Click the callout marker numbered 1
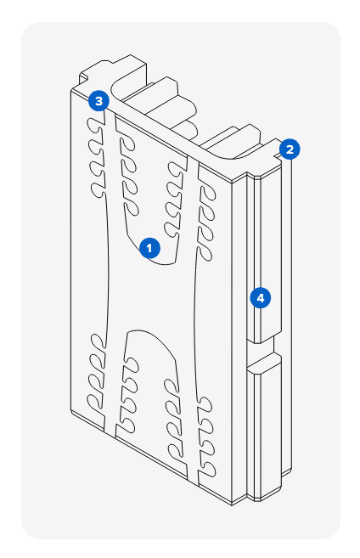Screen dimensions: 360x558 149,248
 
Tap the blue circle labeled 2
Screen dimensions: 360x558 290,149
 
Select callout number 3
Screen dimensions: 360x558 98,101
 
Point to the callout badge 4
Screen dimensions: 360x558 261,298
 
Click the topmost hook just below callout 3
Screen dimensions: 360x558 94,125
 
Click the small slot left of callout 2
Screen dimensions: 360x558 277,155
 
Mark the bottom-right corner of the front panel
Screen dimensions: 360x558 232,505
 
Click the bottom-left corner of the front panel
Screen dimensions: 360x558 70,412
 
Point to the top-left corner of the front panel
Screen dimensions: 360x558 70,90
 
